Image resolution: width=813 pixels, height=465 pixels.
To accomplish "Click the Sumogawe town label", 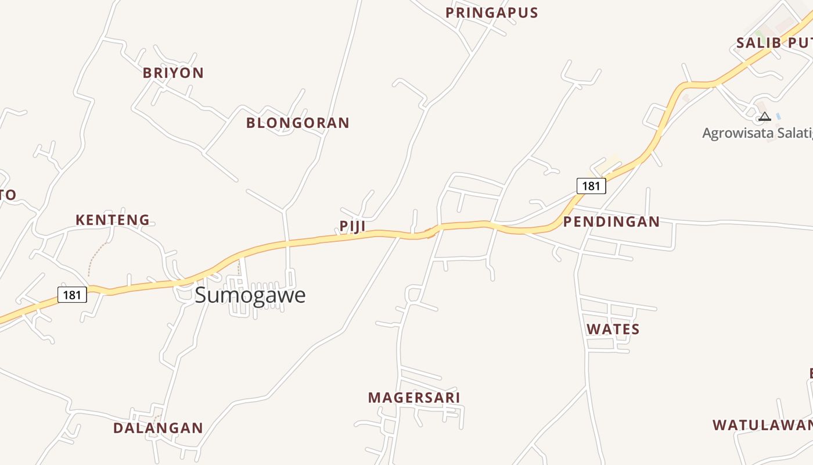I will (x=250, y=295).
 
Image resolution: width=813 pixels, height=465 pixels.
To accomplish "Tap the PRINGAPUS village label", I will (x=491, y=13).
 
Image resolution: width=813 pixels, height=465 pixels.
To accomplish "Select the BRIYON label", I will (x=173, y=73).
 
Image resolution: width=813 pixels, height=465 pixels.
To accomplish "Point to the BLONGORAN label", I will (x=297, y=123).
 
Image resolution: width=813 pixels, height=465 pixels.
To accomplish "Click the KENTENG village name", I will (x=113, y=220).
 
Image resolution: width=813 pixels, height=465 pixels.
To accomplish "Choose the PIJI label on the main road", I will (x=352, y=226).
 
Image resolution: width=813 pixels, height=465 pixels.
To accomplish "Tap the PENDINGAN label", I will (x=611, y=221).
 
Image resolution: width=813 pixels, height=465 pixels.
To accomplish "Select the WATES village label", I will (x=613, y=330).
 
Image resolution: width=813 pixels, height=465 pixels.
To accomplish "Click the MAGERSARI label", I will (x=413, y=398).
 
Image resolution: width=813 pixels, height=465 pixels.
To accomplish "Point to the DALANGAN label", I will (x=158, y=428).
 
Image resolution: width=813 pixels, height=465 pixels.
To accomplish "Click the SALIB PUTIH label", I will (x=774, y=43).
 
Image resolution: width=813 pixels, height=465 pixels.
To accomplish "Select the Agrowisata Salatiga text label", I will (x=757, y=133).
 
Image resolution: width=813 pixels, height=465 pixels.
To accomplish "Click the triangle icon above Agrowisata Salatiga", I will (x=765, y=117).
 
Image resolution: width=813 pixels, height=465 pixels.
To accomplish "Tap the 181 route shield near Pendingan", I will (x=591, y=186).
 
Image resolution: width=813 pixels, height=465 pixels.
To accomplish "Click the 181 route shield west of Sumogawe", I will (x=72, y=295).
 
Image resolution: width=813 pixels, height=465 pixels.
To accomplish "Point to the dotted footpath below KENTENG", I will (x=96, y=259).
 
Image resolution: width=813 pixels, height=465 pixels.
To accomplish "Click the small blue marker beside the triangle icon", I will (x=778, y=116).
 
